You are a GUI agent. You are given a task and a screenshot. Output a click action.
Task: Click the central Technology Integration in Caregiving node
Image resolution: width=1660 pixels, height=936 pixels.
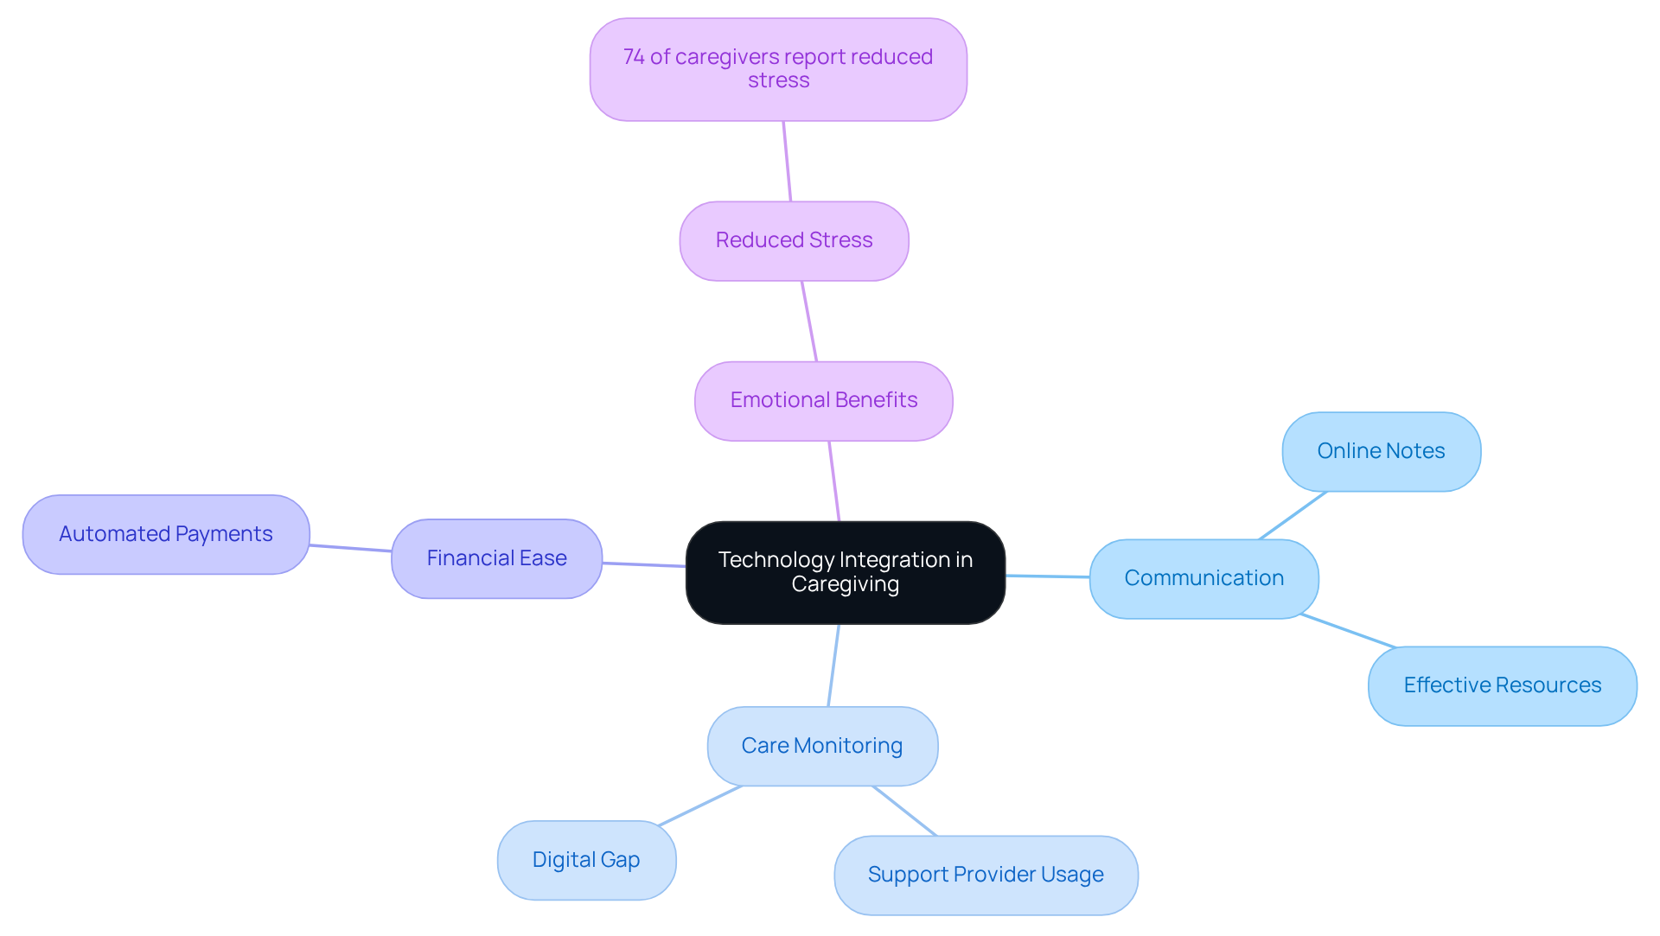845,572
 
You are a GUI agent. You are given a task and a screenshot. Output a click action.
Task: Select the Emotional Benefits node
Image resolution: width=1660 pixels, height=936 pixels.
823,401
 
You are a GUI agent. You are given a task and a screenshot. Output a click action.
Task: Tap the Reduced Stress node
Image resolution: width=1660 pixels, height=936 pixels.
794,241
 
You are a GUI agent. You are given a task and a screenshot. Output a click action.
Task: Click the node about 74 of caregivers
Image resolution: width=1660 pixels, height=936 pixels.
778,69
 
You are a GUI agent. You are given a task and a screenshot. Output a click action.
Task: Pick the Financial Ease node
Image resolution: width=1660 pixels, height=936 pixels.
496,558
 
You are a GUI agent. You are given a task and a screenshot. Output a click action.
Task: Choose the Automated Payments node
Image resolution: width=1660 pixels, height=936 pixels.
166,534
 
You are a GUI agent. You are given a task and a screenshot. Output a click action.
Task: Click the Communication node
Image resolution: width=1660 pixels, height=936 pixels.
1203,578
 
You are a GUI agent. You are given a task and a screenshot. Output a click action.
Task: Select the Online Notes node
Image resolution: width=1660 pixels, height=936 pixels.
1381,451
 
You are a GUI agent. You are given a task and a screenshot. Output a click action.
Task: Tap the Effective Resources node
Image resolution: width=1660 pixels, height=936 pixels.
1502,685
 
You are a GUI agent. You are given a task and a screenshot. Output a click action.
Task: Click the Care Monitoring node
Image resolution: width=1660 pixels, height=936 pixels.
822,746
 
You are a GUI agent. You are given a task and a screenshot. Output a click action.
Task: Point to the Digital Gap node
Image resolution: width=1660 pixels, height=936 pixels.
586,860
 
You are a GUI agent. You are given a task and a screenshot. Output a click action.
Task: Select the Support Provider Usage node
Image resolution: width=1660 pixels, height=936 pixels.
986,875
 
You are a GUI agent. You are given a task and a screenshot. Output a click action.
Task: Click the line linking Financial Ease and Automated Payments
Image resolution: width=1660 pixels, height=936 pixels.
350,548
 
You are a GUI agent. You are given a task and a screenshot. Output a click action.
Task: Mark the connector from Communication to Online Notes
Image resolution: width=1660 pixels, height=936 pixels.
1293,516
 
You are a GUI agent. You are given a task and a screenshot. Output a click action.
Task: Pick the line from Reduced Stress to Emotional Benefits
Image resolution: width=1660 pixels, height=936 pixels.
809,322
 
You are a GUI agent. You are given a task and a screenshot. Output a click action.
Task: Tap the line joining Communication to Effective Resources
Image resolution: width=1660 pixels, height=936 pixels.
1348,631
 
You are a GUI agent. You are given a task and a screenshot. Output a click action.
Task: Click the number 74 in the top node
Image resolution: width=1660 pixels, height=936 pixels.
634,57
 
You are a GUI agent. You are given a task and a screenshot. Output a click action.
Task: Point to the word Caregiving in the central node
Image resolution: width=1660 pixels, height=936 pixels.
845,585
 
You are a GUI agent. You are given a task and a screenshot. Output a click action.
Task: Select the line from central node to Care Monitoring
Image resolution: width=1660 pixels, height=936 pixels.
833,665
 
